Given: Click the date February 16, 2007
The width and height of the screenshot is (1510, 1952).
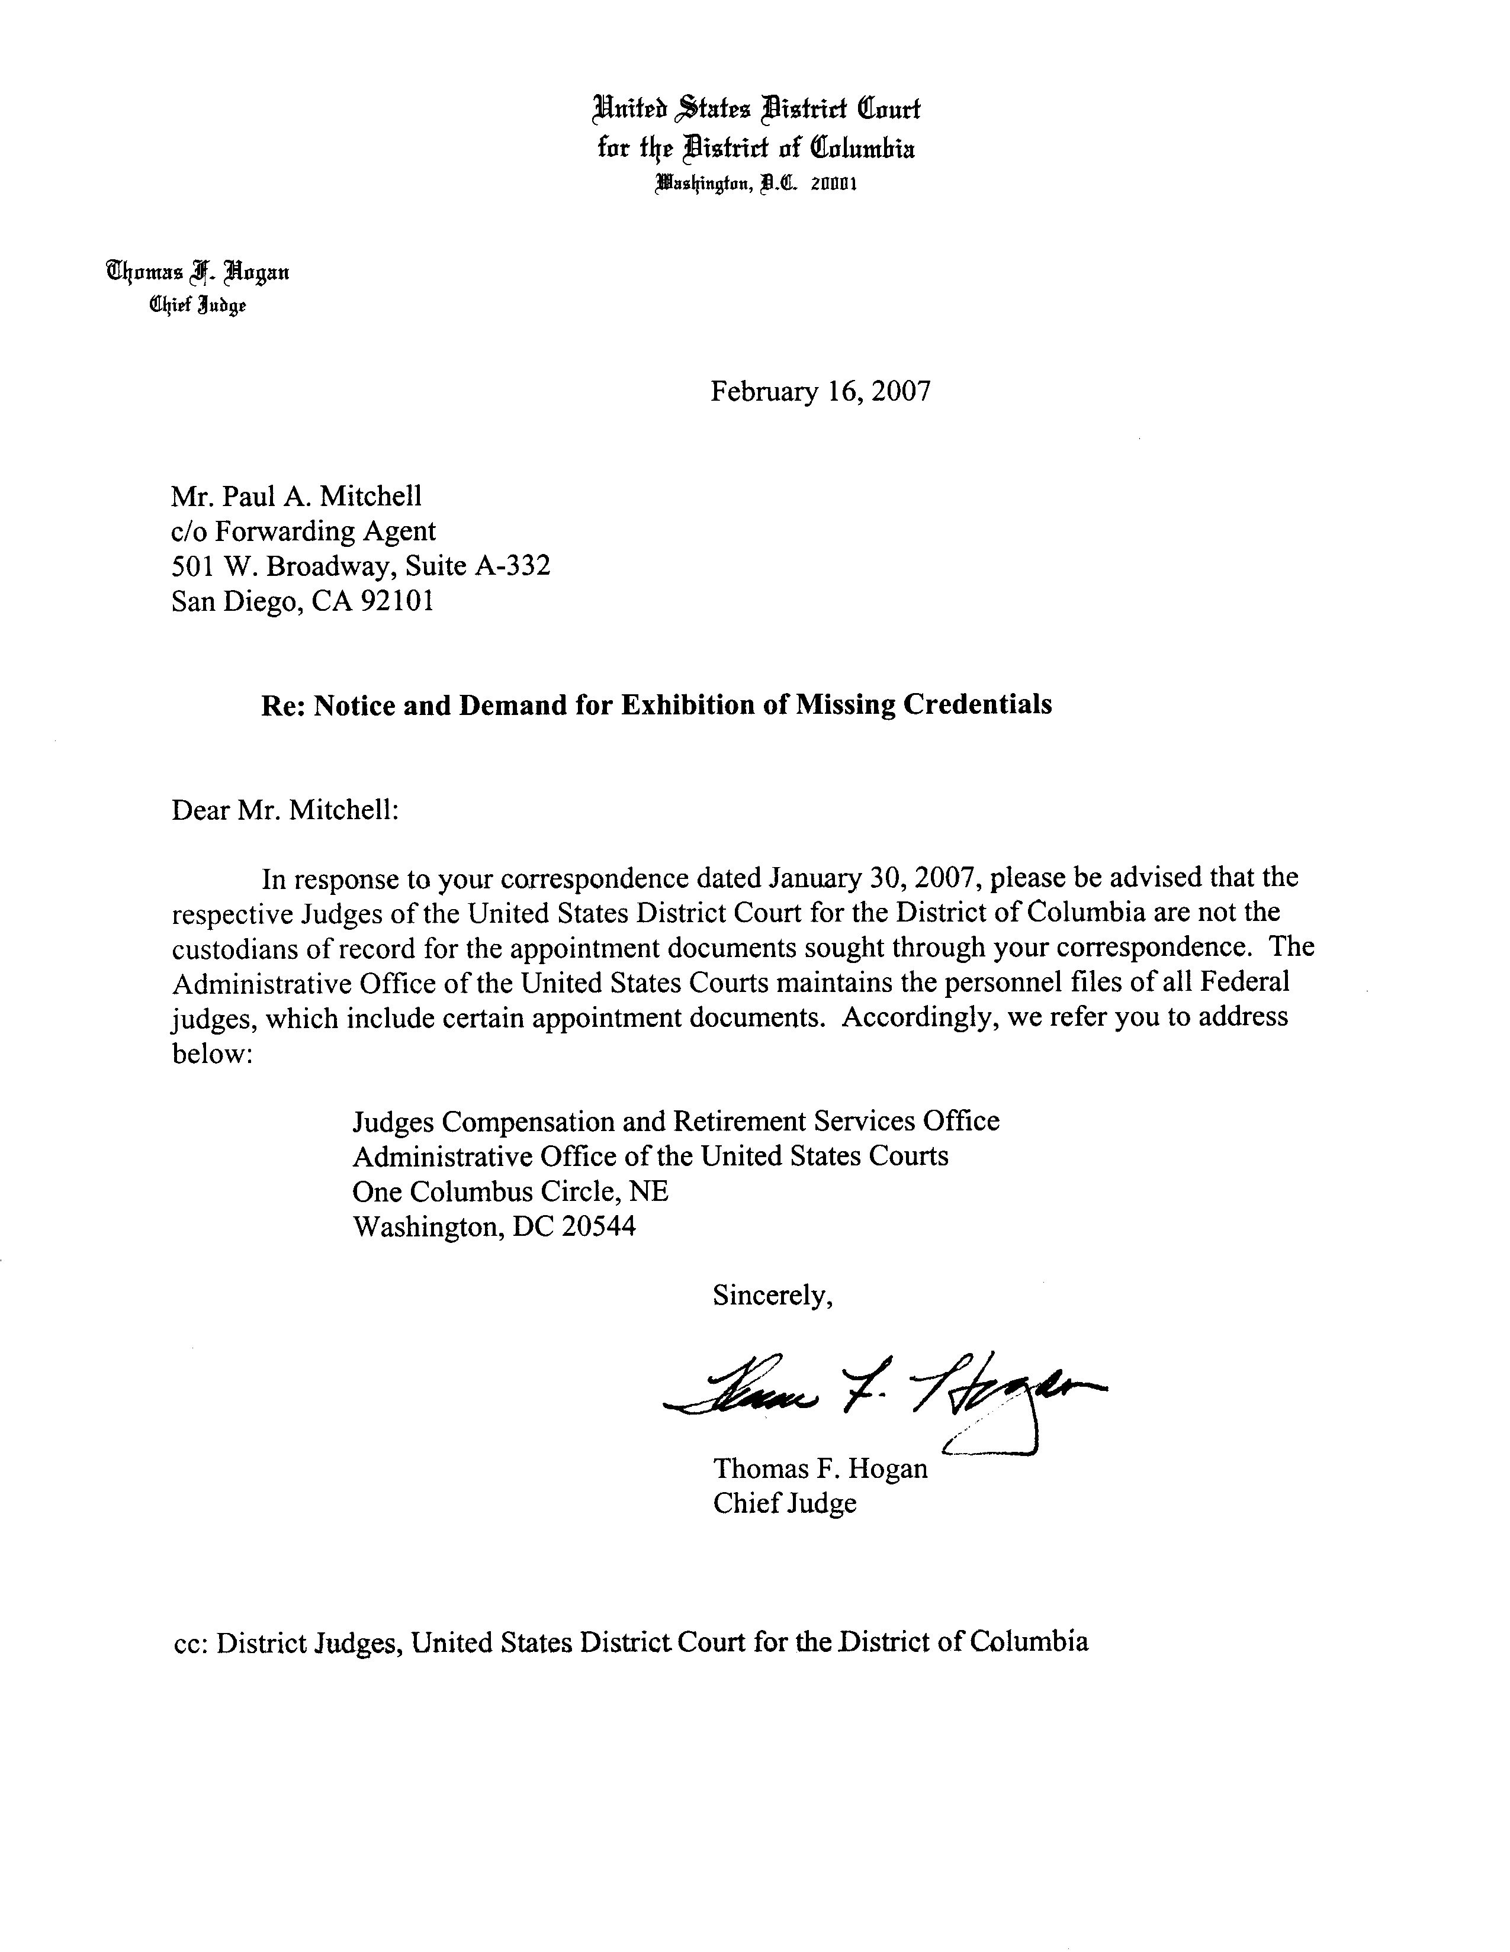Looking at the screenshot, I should click(820, 391).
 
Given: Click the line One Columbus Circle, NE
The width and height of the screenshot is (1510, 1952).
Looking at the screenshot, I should click(510, 1191).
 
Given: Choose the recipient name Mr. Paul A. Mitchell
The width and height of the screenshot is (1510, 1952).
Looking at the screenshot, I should click(296, 495).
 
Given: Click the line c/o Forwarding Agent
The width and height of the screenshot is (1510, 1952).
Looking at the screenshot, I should click(303, 531).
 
